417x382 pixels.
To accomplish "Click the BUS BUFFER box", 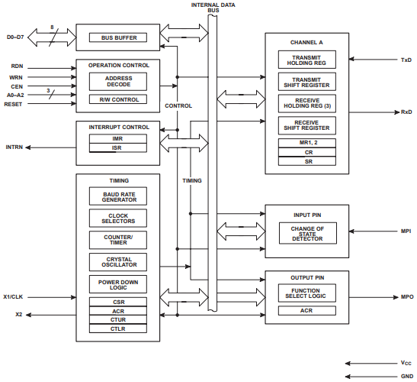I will pos(118,37).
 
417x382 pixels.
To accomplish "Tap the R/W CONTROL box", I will pos(118,99).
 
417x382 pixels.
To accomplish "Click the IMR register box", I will pos(118,138).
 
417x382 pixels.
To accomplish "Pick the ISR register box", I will pos(118,147).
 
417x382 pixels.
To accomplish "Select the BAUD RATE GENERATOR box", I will pos(118,196).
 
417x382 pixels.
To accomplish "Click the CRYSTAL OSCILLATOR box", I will pos(118,262).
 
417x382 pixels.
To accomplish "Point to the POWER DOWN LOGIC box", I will pos(118,283).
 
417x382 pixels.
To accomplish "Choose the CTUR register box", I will pos(118,320).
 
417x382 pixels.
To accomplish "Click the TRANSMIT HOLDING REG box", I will pos(306,60).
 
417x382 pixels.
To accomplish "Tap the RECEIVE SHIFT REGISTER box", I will pos(306,125).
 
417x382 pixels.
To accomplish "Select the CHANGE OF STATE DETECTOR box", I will pos(306,234).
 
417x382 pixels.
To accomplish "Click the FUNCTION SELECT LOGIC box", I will pos(306,293).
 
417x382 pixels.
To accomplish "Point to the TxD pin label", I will pos(406,60).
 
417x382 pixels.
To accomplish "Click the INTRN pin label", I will pos(16,146).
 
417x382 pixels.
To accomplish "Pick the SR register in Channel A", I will pos(306,161).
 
